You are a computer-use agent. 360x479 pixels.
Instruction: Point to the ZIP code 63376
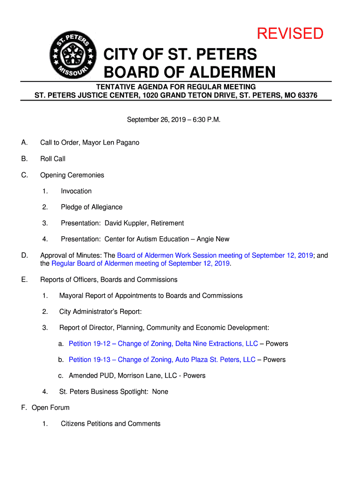pos(306,95)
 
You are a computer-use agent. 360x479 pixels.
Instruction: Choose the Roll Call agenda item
pos(53,159)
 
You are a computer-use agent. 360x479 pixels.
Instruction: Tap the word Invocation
pos(76,191)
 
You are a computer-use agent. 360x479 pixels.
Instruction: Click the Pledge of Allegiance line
pos(92,207)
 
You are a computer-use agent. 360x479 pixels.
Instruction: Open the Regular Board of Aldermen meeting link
pos(140,263)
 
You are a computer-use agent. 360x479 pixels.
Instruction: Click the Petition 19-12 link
pos(163,344)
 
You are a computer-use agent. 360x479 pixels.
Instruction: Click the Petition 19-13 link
pos(162,360)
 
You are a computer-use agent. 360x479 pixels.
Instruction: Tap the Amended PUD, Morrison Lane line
pos(137,376)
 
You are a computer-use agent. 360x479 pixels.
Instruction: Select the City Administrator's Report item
pos(101,312)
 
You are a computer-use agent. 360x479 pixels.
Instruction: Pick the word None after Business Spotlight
pos(160,392)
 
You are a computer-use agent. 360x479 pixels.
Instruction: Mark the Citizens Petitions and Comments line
pos(111,424)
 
